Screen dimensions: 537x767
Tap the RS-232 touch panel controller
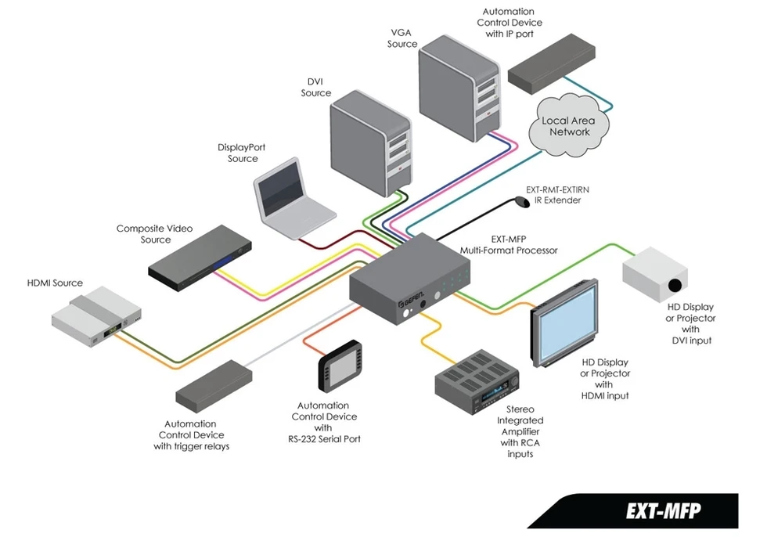pos(340,365)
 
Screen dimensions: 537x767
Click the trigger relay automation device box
pos(214,383)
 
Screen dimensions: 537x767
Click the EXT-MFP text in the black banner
pos(663,510)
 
